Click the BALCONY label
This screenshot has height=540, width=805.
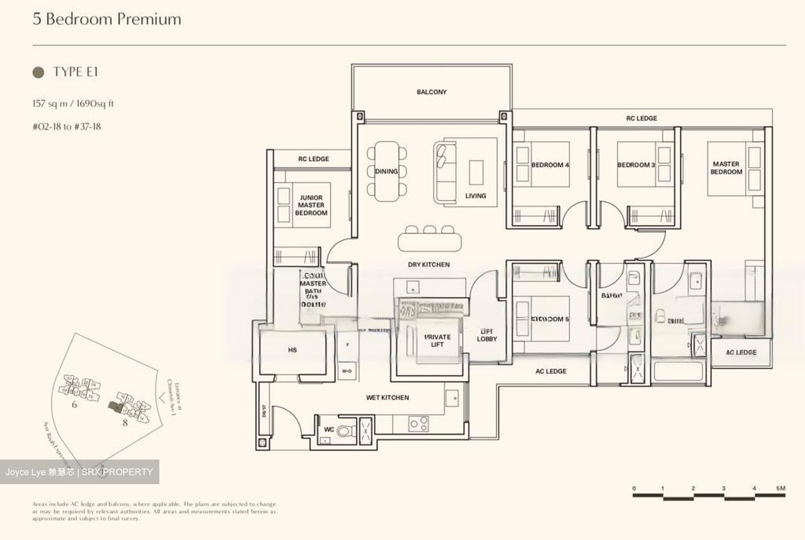tap(431, 92)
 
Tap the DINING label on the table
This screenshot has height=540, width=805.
tap(386, 171)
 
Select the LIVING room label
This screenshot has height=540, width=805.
tap(476, 195)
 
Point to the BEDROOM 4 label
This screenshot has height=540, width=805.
tap(550, 165)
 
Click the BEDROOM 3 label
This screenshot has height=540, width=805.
tap(636, 165)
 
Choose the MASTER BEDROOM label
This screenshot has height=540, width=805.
tap(726, 168)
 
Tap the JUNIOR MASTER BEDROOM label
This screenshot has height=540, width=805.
tap(311, 205)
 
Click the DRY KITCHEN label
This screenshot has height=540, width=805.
tap(429, 264)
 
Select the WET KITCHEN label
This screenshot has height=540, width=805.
tap(387, 398)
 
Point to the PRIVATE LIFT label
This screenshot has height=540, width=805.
tap(437, 341)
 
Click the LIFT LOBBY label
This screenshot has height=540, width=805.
tap(487, 335)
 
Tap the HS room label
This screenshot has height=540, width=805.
tap(292, 350)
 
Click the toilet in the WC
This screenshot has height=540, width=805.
tap(345, 431)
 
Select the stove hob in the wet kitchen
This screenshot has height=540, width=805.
tap(419, 424)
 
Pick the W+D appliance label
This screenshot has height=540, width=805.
tap(347, 371)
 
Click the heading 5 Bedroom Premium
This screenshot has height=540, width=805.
tap(107, 19)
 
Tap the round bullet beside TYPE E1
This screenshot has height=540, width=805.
tap(39, 72)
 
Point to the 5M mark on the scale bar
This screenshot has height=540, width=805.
tap(781, 489)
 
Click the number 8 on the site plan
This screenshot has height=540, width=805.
tap(125, 423)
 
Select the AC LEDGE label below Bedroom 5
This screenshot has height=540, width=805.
tap(551, 371)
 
